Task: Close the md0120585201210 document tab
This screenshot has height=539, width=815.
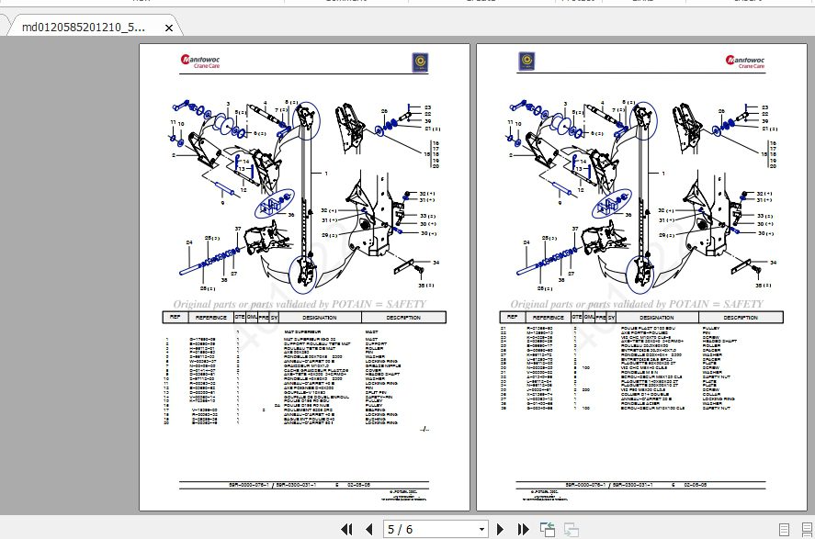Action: pos(168,28)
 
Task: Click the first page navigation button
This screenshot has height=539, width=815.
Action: pos(347,529)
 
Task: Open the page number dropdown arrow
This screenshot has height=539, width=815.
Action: pos(480,529)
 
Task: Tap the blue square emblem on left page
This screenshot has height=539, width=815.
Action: pos(422,62)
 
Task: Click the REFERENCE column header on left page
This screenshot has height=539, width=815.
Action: pos(210,317)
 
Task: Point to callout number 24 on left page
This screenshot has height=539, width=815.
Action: pos(189,241)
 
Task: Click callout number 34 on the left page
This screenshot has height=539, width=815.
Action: pos(436,263)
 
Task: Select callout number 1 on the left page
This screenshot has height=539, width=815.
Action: pos(324,173)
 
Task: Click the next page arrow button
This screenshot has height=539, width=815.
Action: pos(501,529)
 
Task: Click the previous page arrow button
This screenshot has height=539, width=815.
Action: pos(368,529)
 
